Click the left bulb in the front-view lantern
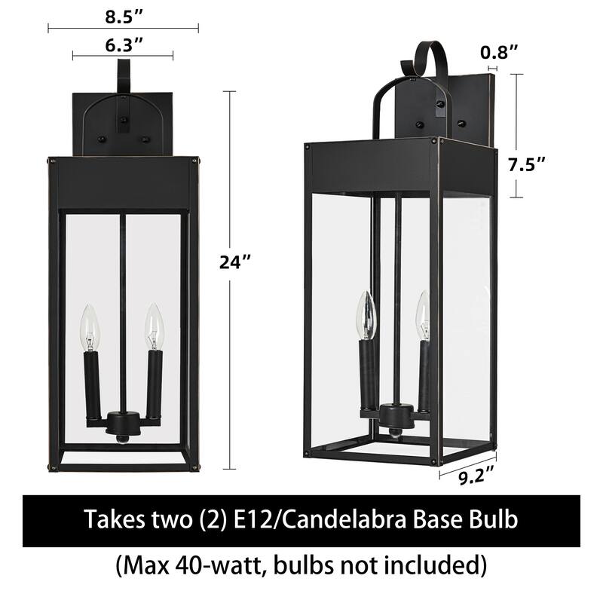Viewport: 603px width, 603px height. point(90,326)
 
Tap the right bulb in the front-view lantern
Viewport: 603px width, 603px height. point(155,326)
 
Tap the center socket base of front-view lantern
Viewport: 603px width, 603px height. point(123,423)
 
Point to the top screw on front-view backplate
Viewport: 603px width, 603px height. point(123,118)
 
